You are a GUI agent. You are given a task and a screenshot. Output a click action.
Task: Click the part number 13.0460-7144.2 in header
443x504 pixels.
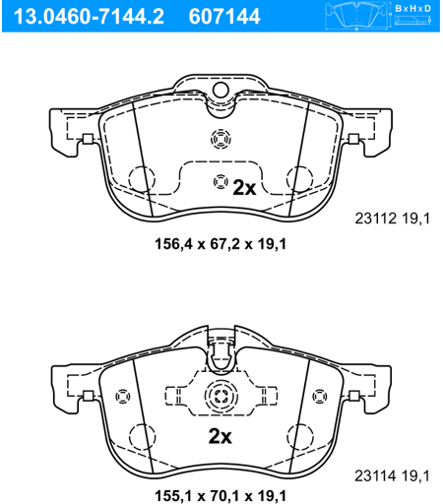89,17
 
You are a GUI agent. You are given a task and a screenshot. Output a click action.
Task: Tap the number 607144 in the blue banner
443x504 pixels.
224,17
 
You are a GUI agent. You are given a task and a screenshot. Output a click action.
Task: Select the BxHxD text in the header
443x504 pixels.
412,9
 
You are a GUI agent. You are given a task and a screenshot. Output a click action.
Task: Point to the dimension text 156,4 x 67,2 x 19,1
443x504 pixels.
221,244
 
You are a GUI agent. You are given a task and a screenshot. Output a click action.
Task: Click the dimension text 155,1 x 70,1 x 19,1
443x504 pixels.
221,496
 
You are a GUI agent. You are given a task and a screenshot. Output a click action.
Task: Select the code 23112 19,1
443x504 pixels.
392,219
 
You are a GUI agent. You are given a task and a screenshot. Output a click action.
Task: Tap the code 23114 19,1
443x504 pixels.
392,475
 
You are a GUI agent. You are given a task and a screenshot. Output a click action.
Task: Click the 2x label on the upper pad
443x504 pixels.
244,188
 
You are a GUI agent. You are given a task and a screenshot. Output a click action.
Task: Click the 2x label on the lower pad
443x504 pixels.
220,436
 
